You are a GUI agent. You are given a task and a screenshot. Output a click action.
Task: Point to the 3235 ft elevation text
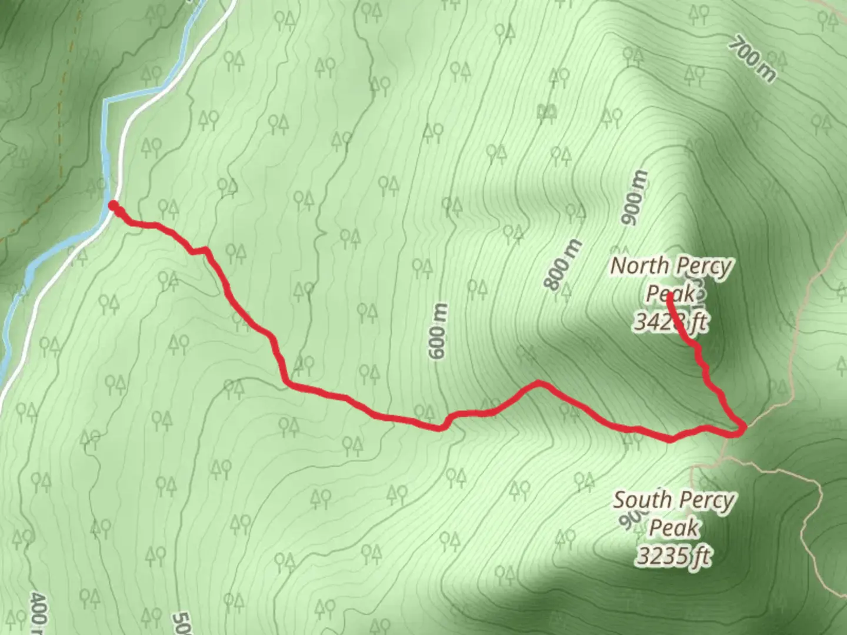click(674, 556)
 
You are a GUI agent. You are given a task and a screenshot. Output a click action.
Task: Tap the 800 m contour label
click(563, 264)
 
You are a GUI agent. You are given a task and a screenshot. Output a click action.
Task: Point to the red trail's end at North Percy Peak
click(670, 294)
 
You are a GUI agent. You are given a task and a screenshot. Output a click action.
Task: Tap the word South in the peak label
click(642, 500)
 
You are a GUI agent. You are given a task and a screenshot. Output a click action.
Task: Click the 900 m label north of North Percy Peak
click(635, 198)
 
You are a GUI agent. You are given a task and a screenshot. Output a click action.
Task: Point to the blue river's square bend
click(106, 102)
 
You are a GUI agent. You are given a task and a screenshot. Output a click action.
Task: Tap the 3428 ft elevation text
click(671, 322)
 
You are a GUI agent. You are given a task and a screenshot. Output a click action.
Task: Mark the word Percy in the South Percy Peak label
click(705, 500)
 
